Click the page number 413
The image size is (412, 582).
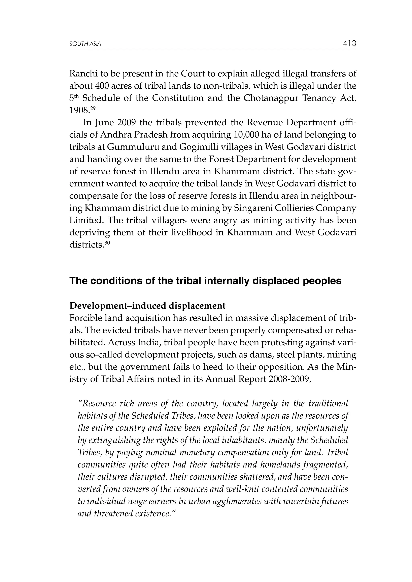point(349,44)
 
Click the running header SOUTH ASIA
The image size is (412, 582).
point(85,44)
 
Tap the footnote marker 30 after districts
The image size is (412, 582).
point(107,243)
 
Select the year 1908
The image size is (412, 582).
point(79,110)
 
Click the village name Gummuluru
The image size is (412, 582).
point(130,147)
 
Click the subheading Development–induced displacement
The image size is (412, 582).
point(147,306)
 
